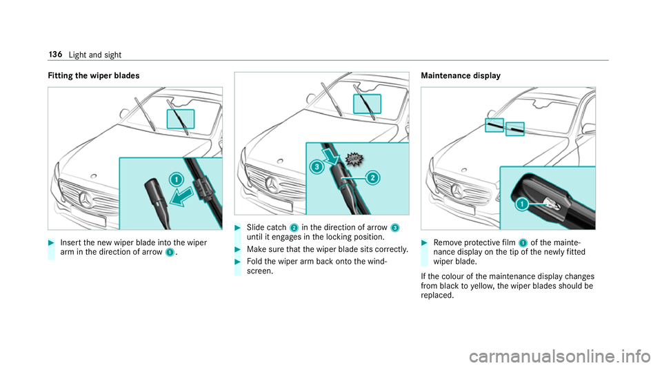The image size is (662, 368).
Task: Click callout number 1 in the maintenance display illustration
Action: pos(523,204)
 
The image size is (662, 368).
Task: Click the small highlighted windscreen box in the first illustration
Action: pos(181,119)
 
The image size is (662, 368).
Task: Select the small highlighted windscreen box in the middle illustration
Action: pos(367,104)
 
